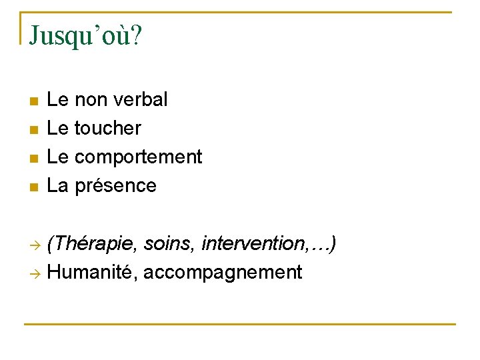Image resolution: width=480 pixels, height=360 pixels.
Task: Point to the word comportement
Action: point(138,157)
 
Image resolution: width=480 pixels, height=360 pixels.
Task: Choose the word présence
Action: point(115,185)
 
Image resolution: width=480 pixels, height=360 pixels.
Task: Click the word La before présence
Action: point(58,185)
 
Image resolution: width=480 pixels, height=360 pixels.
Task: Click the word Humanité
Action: point(92,272)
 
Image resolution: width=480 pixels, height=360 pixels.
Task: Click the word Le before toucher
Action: point(58,128)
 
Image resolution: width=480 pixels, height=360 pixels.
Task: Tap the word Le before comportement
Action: point(58,157)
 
